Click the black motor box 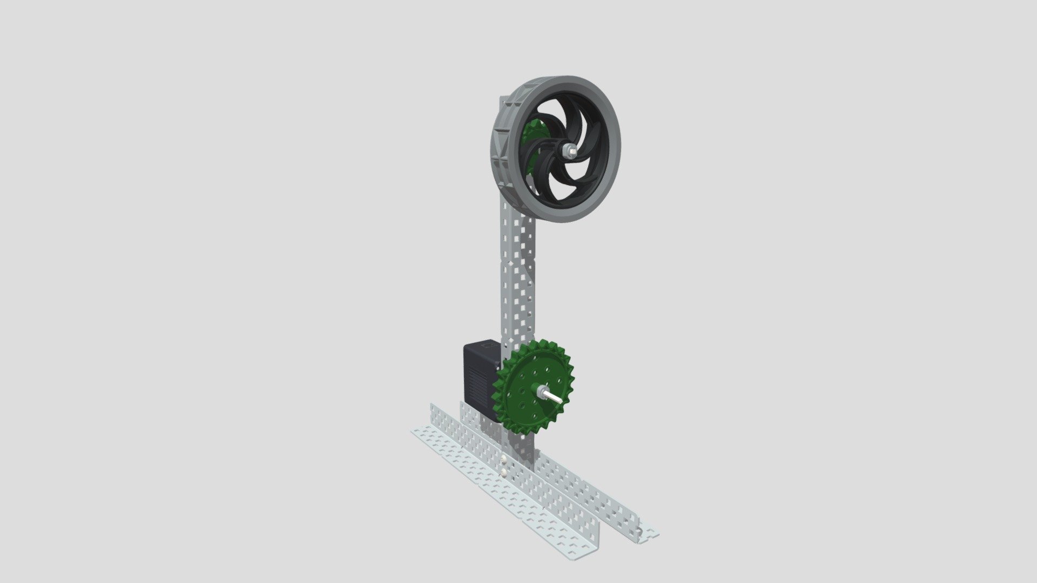point(480,378)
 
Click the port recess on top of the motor point(487,345)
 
